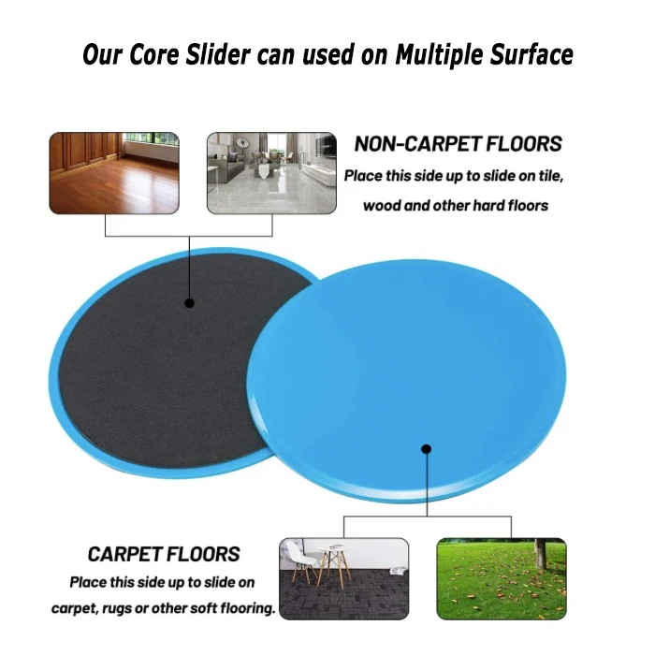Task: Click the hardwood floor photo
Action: [114, 173]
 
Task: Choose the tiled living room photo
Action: [271, 173]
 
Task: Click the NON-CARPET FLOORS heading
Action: [458, 144]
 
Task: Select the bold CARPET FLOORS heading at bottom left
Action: [164, 554]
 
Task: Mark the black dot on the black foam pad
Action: [190, 303]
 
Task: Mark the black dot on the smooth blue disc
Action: [426, 448]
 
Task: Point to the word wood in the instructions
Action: [382, 205]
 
